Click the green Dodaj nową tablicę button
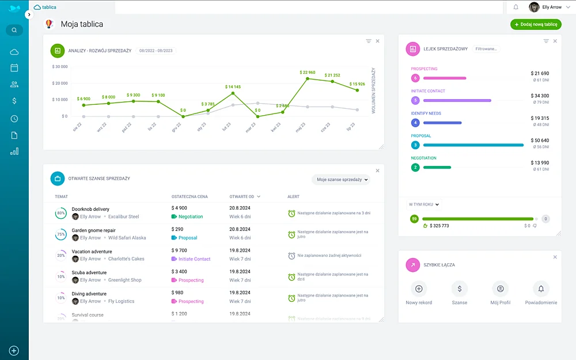pos(536,25)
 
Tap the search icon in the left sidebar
pos(14,30)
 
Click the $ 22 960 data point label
pos(308,73)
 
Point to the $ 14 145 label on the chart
pos(233,87)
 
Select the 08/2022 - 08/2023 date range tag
pos(156,51)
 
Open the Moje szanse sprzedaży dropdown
pos(341,180)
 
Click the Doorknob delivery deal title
pos(90,209)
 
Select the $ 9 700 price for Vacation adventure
pos(179,251)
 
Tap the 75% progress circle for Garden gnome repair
pos(60,234)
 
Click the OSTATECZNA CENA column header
pos(190,196)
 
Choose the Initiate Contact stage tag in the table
pos(194,259)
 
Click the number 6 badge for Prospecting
pos(415,78)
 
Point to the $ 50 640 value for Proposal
pos(540,141)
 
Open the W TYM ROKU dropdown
pos(424,204)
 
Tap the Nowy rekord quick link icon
pos(419,289)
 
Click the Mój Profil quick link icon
pos(501,289)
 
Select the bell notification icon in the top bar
pos(516,7)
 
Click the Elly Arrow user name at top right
pos(552,7)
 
